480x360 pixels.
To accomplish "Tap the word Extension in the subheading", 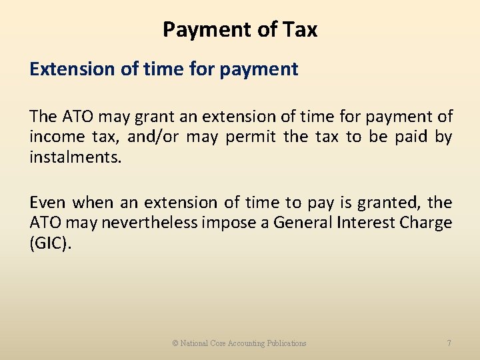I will [72, 69].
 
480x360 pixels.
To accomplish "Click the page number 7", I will [449, 343].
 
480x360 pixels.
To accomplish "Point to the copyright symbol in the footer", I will [175, 343].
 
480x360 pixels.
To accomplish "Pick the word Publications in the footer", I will [287, 343].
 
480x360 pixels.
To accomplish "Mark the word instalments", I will [75, 158].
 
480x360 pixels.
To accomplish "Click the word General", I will [305, 223].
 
